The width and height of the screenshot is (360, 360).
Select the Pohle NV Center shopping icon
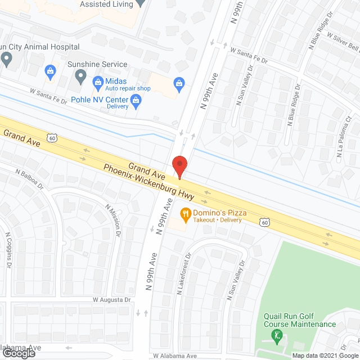click(x=136, y=102)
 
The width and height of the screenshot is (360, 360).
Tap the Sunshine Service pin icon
click(x=81, y=75)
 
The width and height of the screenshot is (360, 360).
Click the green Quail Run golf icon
click(x=276, y=336)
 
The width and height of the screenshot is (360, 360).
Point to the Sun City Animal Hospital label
click(x=39, y=47)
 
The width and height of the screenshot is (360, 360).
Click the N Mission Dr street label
click(x=113, y=218)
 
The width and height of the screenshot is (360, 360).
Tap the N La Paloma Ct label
click(x=344, y=146)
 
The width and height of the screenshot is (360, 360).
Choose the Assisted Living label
click(x=106, y=4)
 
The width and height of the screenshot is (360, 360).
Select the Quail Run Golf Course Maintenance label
click(x=300, y=320)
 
